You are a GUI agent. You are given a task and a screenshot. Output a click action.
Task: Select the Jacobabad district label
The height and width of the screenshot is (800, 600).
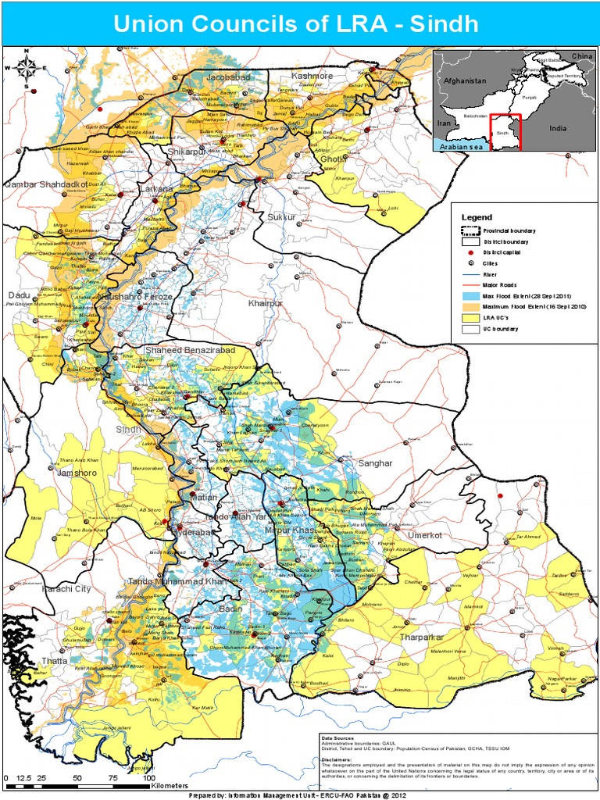click(228, 79)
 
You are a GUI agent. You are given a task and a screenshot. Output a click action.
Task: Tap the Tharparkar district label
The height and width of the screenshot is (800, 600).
click(422, 637)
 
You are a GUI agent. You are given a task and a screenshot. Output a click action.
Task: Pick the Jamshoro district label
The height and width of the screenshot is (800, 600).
click(76, 473)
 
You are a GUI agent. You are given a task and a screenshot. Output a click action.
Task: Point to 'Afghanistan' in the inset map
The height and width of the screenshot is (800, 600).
click(465, 80)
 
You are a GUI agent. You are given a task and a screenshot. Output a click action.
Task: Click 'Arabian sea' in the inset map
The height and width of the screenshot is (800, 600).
click(460, 146)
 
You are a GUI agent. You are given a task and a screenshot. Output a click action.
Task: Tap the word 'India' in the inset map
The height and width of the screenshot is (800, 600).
click(557, 127)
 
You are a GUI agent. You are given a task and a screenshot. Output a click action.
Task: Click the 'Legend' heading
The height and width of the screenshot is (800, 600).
click(477, 216)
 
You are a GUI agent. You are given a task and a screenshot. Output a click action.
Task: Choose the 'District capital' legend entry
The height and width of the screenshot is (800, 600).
click(508, 253)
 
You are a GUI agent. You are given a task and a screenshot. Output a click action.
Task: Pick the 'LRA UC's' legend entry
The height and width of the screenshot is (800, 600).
click(498, 319)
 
